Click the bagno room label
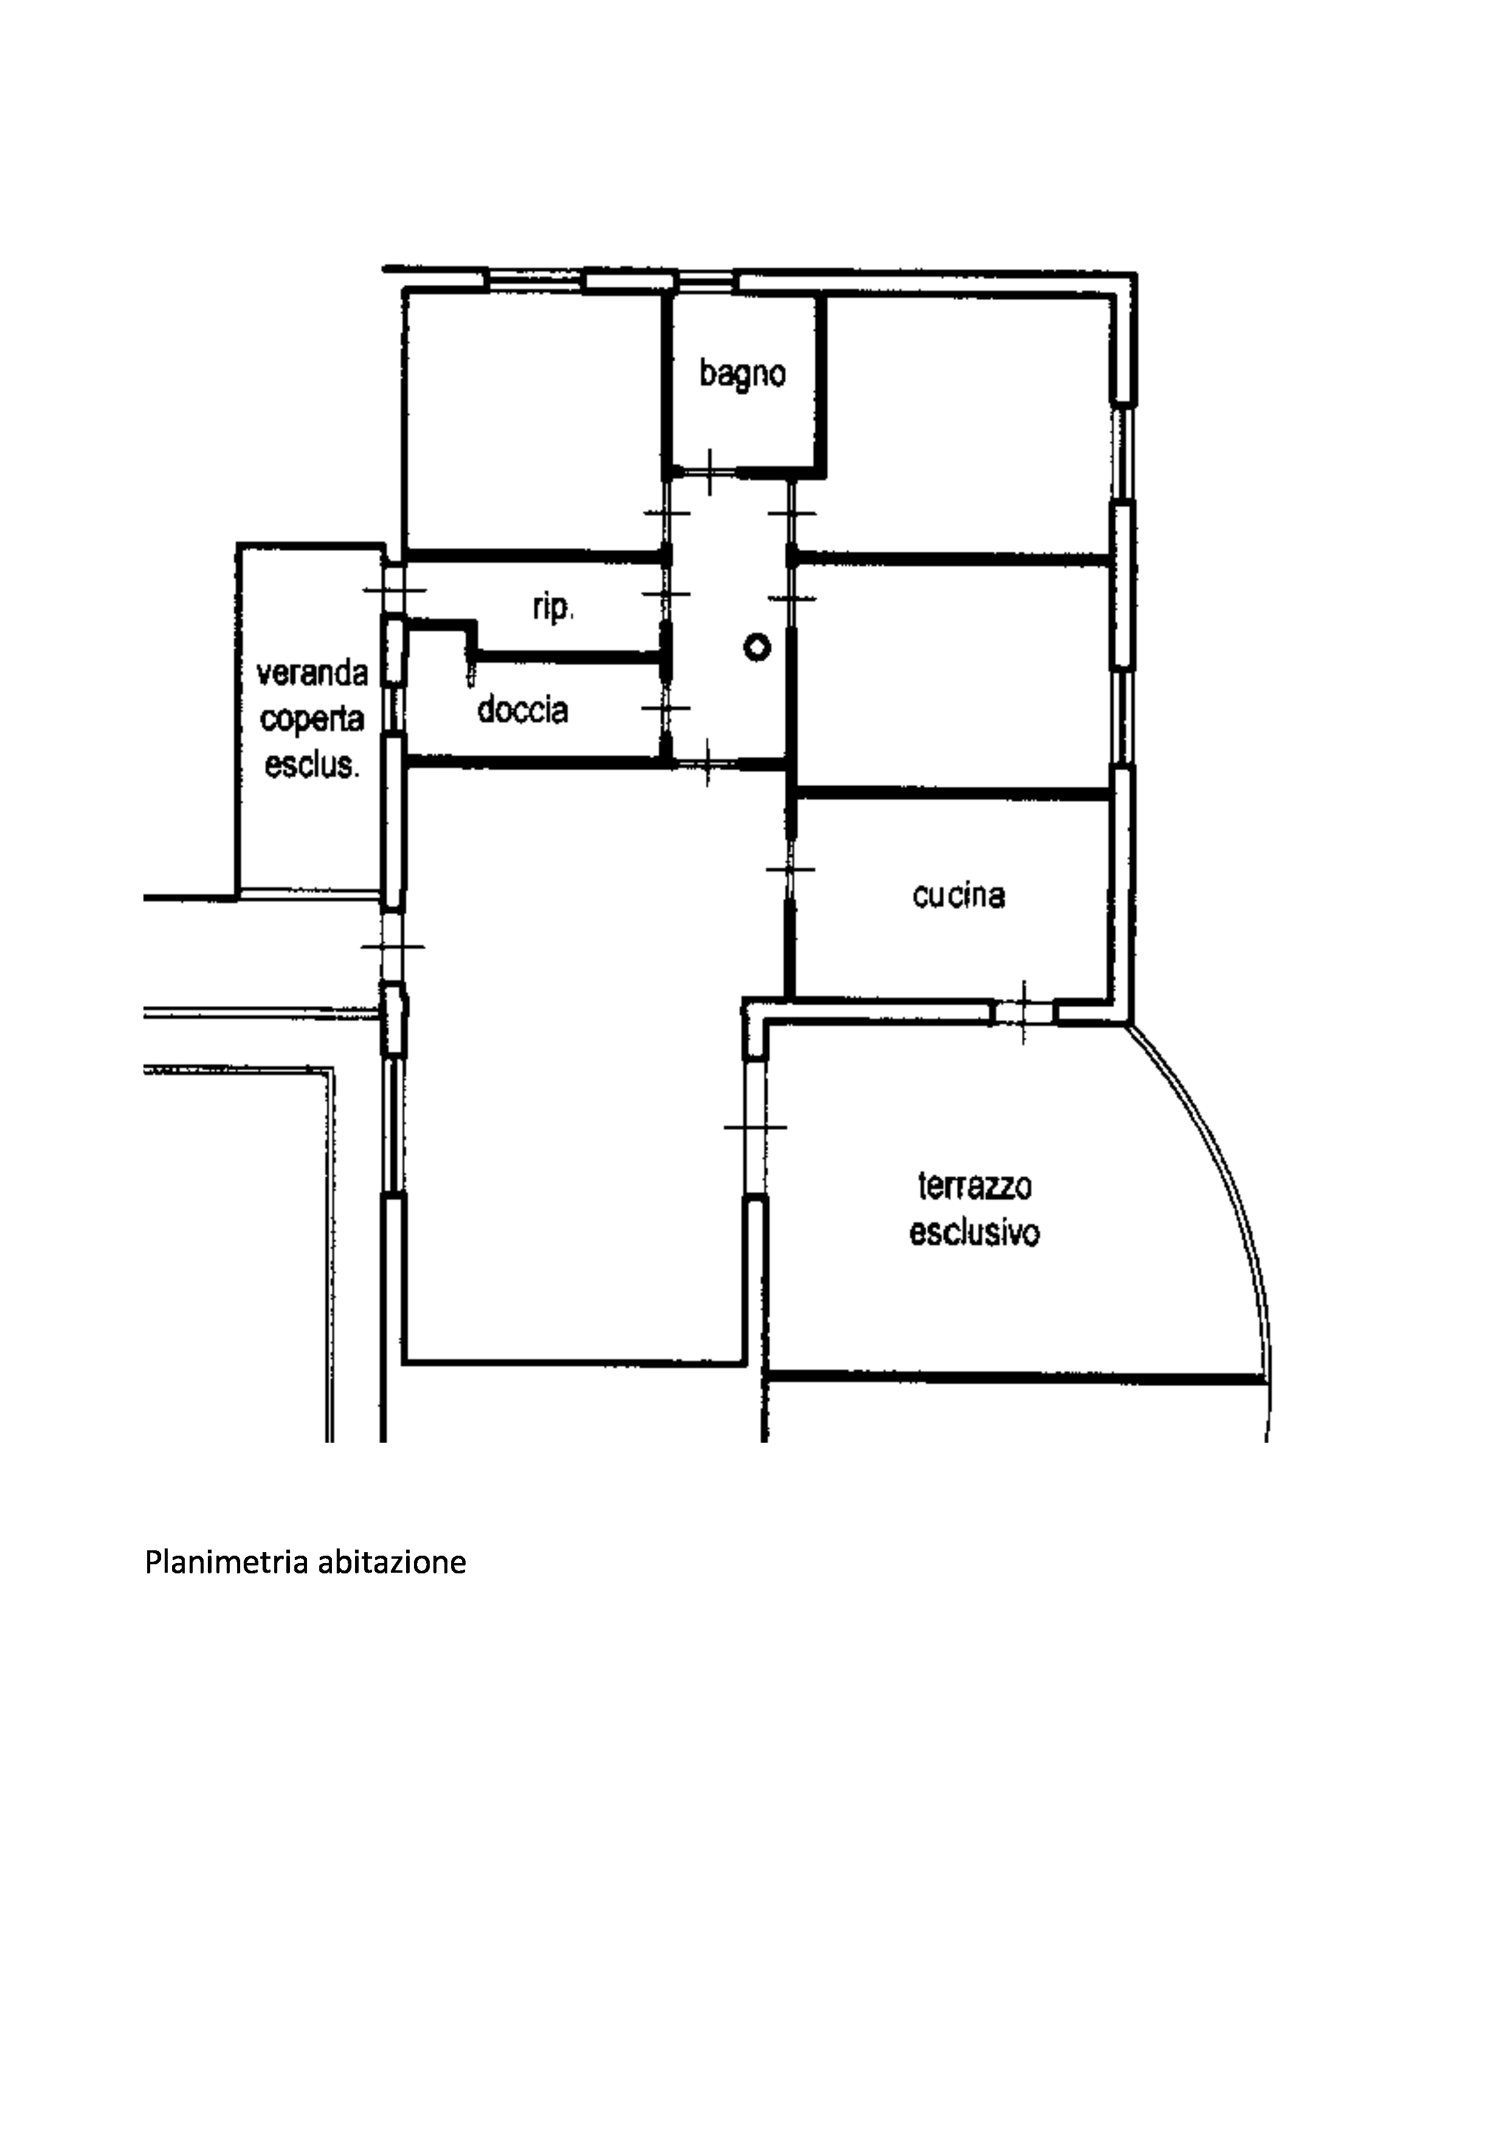tap(743, 375)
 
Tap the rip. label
tap(554, 608)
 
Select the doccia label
tap(523, 710)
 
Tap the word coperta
tap(313, 719)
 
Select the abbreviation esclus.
tap(313, 765)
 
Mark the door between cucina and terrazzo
tap(1023, 1011)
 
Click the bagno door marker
tap(709, 473)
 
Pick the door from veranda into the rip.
tap(395, 590)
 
